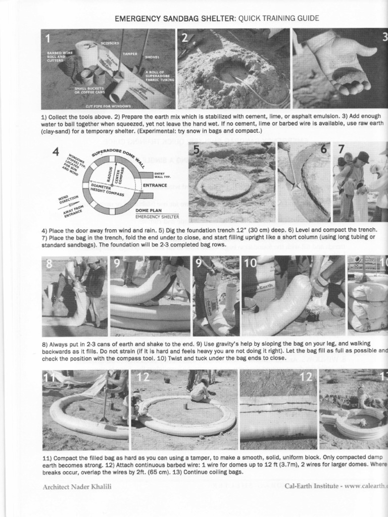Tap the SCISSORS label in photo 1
pos(110,43)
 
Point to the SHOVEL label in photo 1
pos(152,58)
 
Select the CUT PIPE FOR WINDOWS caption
pos(109,106)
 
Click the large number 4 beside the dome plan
pos(57,151)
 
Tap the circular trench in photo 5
pos(224,184)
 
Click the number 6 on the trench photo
pos(323,150)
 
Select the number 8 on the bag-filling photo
pos(49,264)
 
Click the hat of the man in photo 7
pos(363,157)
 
